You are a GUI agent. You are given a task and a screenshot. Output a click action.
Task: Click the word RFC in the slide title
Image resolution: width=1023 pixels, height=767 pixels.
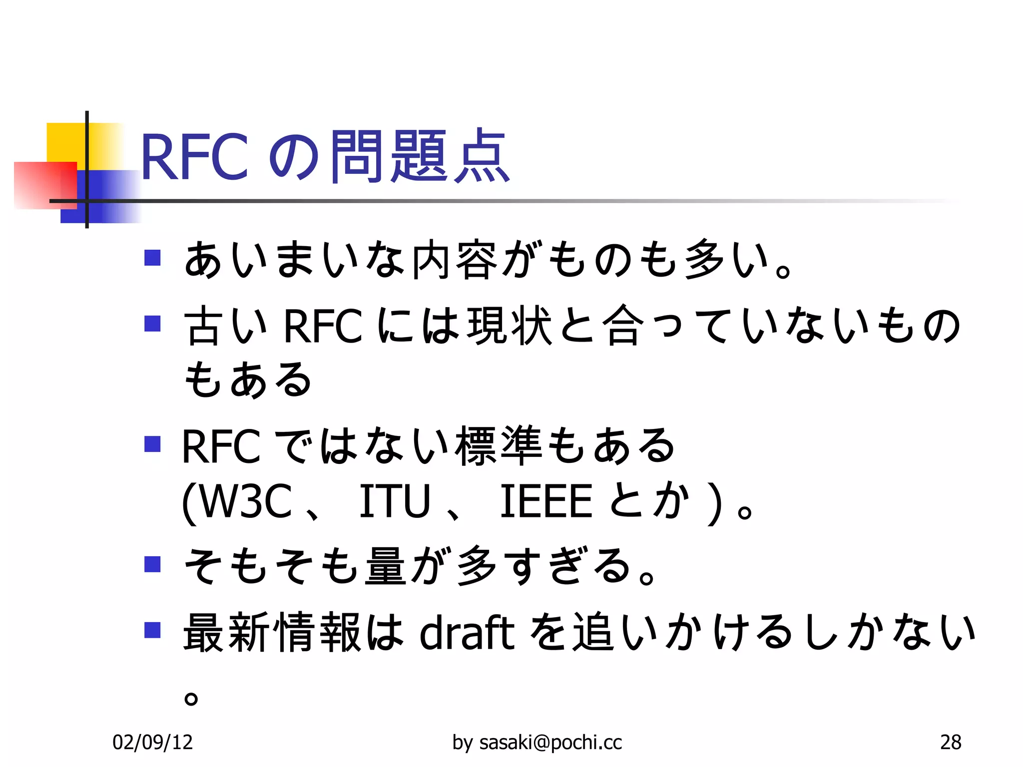click(194, 157)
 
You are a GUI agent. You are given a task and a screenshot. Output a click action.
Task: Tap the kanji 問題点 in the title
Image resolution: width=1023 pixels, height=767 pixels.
click(420, 156)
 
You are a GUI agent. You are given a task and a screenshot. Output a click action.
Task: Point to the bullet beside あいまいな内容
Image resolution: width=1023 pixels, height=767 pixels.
click(152, 258)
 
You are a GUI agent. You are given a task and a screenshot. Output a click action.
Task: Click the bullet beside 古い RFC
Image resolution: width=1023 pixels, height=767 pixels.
click(152, 324)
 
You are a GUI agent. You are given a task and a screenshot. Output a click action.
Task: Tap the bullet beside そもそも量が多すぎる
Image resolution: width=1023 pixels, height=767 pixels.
click(152, 564)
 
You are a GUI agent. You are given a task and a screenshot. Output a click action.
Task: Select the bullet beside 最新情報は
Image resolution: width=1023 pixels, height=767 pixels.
click(152, 630)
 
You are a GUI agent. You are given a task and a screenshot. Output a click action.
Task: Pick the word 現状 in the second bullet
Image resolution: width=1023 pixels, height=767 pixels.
click(510, 326)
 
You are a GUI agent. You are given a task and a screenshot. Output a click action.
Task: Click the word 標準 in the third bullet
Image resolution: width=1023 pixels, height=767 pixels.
click(498, 445)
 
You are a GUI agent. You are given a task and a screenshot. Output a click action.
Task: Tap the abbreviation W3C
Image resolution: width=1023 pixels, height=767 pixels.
click(245, 501)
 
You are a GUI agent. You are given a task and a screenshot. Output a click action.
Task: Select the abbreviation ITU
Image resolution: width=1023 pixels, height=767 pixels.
click(395, 501)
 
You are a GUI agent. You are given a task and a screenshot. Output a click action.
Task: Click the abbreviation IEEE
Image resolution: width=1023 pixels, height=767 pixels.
click(545, 501)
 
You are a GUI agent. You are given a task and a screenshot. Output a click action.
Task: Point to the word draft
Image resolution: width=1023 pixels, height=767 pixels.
click(467, 632)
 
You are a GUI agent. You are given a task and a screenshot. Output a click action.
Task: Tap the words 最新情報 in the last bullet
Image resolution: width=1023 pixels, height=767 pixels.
click(272, 632)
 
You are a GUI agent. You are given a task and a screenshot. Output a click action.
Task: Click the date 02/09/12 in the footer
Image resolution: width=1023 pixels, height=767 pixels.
click(153, 743)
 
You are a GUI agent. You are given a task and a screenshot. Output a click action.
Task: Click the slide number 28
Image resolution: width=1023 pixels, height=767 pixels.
click(951, 743)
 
